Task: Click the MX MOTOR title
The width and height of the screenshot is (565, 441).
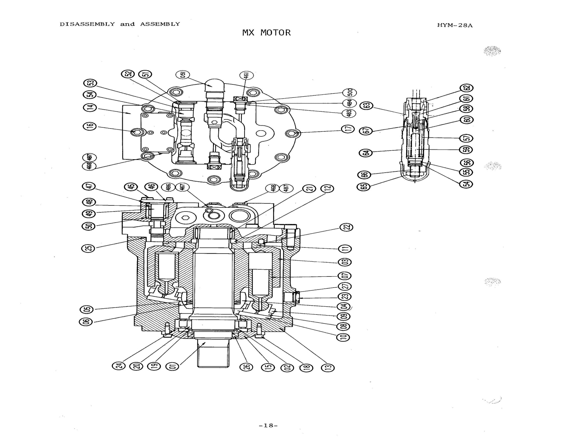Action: click(266, 33)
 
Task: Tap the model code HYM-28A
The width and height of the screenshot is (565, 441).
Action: click(455, 26)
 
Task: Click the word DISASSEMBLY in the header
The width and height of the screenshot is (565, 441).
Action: click(87, 24)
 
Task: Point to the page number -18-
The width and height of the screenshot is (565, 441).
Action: click(268, 426)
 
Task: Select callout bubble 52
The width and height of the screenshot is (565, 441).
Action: click(127, 74)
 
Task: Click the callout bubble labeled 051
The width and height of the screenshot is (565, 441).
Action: click(183, 75)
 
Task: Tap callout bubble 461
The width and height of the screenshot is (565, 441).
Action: click(246, 75)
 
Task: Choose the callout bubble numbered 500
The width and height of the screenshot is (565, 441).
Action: click(350, 93)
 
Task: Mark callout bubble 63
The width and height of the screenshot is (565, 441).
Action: click(366, 106)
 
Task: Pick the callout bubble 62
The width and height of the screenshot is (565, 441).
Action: click(467, 88)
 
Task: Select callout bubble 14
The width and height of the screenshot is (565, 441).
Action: click(90, 107)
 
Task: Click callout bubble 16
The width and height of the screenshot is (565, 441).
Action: click(90, 126)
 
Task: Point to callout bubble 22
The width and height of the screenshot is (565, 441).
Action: click(346, 227)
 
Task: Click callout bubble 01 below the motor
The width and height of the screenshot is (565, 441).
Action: click(172, 366)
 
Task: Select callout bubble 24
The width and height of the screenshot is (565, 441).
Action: click(118, 366)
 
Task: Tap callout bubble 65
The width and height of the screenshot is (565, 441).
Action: click(364, 186)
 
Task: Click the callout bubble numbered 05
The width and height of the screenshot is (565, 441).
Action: click(87, 309)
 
